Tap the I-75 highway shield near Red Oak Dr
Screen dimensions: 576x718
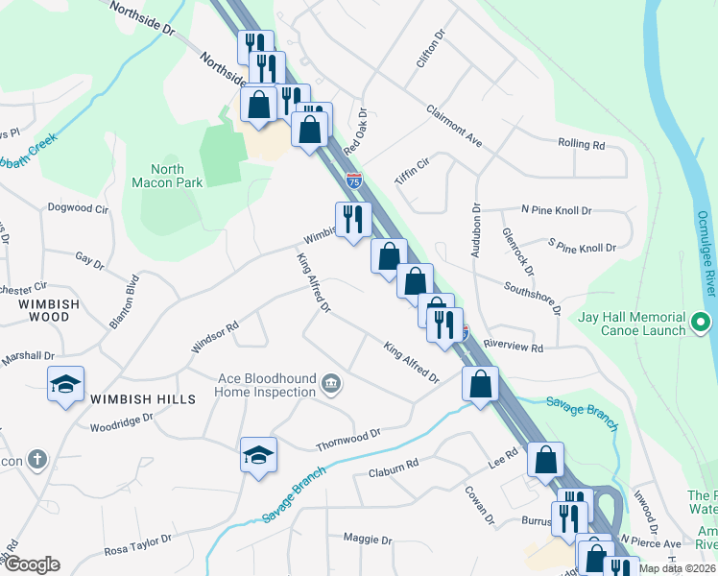[355, 180]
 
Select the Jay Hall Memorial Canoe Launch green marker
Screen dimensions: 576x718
[702, 323]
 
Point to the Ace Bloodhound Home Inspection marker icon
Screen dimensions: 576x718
[330, 384]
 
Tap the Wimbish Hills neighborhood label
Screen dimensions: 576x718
[143, 398]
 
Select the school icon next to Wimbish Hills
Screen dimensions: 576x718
[65, 385]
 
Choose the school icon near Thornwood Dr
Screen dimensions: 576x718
[258, 455]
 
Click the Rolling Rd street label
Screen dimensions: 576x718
[582, 145]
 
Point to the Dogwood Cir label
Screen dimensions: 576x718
[78, 207]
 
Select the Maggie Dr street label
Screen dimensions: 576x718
[363, 539]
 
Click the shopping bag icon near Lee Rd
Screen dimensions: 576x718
[545, 460]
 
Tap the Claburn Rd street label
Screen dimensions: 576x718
[394, 468]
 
